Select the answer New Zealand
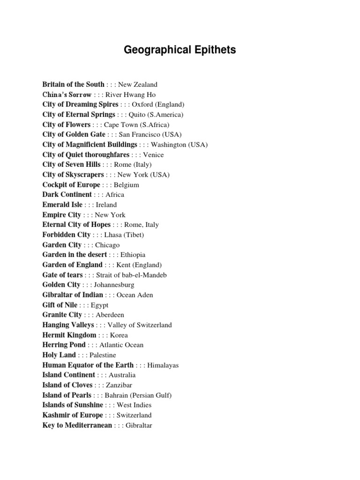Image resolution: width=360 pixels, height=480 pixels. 137,85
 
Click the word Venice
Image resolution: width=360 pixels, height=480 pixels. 154,155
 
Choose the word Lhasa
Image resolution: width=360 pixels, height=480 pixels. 112,235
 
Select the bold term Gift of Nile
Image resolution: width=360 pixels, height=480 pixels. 60,305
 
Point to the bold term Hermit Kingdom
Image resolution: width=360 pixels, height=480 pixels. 69,335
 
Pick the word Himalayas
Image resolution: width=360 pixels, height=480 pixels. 163,365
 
